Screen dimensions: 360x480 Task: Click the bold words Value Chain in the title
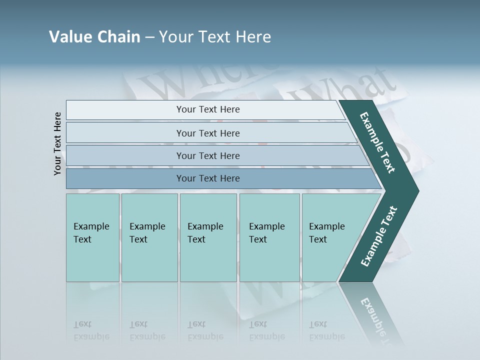94,37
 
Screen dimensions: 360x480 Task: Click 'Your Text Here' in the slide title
215,37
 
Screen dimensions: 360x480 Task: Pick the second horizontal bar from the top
207,133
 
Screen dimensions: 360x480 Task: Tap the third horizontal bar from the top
207,155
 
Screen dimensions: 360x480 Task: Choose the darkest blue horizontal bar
207,178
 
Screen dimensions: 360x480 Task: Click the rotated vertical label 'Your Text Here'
58,143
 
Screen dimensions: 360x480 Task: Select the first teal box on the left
92,237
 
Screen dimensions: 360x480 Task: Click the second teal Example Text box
149,237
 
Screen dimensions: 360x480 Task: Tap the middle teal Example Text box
208,237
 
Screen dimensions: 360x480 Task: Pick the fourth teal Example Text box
269,237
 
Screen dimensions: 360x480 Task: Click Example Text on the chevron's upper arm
377,142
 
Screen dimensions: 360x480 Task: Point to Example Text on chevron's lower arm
379,236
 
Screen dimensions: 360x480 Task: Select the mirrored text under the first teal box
91,330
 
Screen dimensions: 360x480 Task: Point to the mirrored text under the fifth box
326,330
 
